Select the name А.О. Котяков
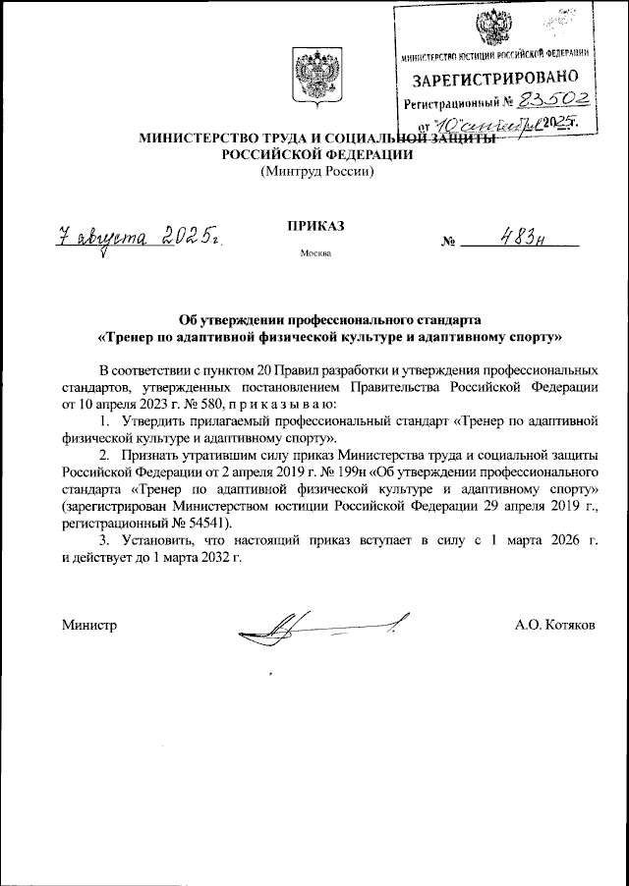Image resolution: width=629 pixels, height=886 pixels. point(554,624)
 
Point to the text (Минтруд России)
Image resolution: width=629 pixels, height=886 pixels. point(315,172)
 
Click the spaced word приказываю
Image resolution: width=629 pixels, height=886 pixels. point(284,403)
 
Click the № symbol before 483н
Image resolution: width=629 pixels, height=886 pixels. point(450,241)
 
